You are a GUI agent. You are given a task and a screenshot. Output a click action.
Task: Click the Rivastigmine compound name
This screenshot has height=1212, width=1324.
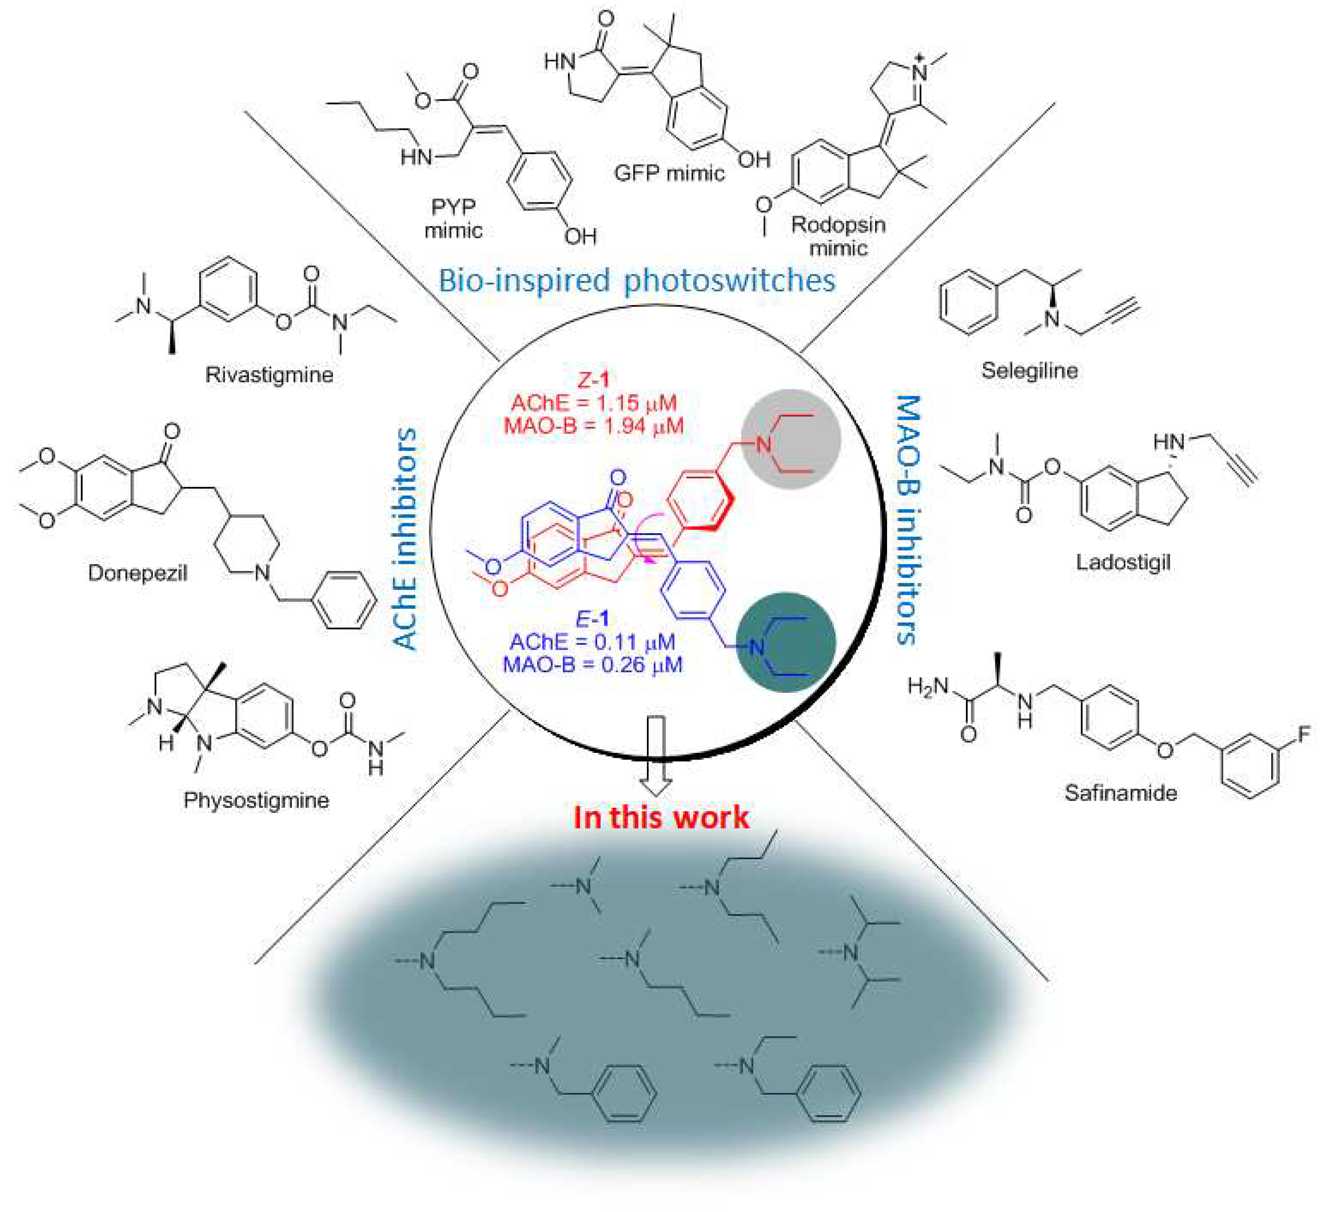click(x=269, y=375)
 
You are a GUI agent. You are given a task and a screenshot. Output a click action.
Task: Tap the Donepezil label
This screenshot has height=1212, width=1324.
click(x=137, y=574)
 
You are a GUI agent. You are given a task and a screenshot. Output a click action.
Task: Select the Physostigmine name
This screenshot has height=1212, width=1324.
click(x=256, y=800)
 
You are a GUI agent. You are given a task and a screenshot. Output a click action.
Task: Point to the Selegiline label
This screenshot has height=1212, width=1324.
click(x=1029, y=371)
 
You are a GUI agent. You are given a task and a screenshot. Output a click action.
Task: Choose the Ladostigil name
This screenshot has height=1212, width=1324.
click(x=1123, y=562)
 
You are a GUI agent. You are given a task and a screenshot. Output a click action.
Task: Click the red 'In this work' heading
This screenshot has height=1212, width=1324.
click(x=661, y=818)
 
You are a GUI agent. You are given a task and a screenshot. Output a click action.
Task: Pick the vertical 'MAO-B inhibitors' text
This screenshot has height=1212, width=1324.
click(x=907, y=519)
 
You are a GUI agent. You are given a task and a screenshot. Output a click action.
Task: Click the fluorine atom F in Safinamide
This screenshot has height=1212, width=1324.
click(x=1304, y=734)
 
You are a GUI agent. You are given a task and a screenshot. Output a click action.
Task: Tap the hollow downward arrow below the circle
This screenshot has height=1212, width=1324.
click(x=657, y=756)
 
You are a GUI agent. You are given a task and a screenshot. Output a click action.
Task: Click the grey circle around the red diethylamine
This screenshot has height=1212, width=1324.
click(x=791, y=439)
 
